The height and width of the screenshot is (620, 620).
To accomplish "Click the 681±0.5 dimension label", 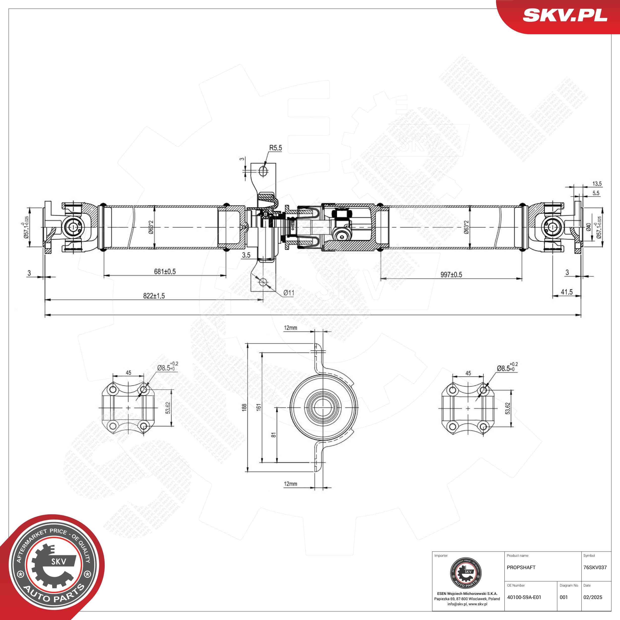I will [165, 272].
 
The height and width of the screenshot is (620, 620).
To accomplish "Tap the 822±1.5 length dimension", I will [154, 296].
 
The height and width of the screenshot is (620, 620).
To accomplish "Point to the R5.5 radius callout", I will [275, 148].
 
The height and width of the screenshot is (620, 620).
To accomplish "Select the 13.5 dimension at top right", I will [597, 184].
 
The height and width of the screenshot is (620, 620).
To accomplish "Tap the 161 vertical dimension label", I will [259, 407].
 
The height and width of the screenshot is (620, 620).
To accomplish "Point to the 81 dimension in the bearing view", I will [273, 435].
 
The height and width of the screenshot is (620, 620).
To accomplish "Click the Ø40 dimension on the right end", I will [589, 227].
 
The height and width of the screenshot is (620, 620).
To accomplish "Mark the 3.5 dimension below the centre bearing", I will [246, 255].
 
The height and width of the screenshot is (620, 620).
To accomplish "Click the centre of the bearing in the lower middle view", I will [321, 407].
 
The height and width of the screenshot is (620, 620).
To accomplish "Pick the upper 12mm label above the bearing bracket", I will [290, 328].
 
